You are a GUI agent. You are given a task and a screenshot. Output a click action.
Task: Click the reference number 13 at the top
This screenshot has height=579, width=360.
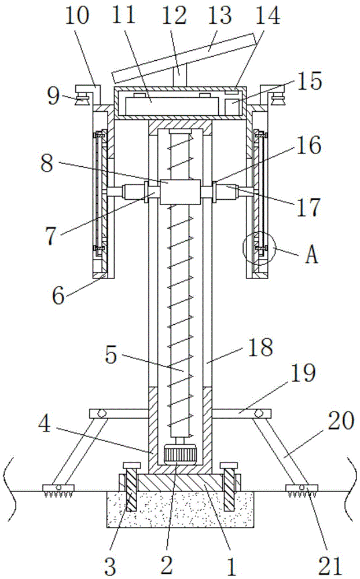click(x=220, y=16)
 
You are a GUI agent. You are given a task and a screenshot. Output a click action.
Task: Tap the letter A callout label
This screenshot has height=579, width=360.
click(x=312, y=254)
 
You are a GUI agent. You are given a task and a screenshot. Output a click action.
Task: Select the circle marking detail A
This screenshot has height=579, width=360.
click(x=259, y=248)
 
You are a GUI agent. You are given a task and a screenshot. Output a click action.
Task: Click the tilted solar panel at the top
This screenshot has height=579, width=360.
click(x=185, y=58)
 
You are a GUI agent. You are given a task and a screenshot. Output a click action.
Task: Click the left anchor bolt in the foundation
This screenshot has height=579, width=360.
click(x=131, y=487)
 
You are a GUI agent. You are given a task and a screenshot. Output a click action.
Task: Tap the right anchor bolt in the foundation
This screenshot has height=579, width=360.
click(x=229, y=487)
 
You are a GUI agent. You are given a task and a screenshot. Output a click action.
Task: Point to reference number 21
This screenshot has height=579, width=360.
click(x=330, y=565)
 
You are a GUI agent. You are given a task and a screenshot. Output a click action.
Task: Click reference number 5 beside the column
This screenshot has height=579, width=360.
click(x=111, y=356)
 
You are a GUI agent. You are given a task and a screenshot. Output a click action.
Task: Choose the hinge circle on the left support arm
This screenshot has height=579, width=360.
click(x=101, y=413)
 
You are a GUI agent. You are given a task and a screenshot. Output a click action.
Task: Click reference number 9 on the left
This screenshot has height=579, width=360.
click(x=53, y=97)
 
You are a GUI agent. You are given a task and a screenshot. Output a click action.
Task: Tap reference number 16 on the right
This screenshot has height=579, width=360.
click(x=308, y=146)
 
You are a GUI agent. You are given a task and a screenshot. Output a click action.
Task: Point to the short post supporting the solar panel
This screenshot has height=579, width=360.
click(x=179, y=75)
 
